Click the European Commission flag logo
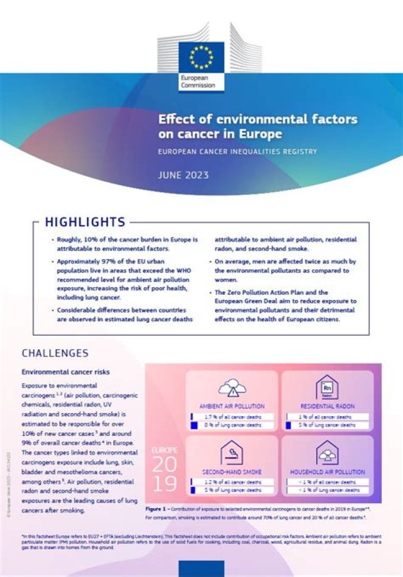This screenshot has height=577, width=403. [x=201, y=57]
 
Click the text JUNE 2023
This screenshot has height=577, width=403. [x=184, y=175]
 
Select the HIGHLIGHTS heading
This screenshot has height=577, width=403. [x=85, y=222]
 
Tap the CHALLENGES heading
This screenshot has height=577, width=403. [x=55, y=353]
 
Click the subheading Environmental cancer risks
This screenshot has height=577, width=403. [x=65, y=372]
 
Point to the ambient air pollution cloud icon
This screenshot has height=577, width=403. [x=231, y=388]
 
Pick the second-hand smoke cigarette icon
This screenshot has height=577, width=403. [x=231, y=453]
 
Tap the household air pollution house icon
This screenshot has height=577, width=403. [x=327, y=453]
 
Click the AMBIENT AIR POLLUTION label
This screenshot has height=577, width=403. [x=232, y=406]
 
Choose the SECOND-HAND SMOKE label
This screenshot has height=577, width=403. [x=232, y=472]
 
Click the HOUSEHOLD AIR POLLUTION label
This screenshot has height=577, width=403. [x=327, y=472]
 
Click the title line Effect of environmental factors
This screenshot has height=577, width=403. [x=257, y=120]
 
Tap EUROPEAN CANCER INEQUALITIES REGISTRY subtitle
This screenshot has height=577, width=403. [x=237, y=152]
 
